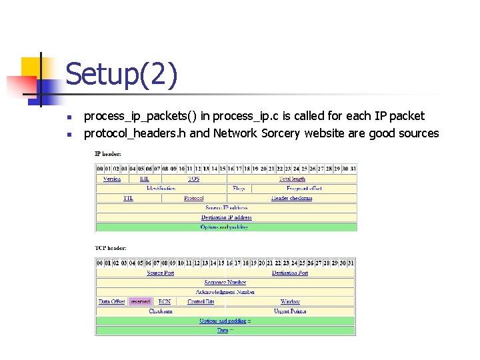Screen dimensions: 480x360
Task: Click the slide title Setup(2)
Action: tap(122, 75)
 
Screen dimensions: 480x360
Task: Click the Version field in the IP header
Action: tap(112, 179)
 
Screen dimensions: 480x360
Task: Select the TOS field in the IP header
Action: tap(193, 179)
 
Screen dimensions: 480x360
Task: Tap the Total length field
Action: tap(292, 179)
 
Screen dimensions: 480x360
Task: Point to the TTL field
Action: tap(128, 198)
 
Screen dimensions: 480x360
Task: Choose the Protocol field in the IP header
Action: tap(193, 198)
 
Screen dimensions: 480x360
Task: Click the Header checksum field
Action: tap(292, 198)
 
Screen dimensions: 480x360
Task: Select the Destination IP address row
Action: tap(227, 217)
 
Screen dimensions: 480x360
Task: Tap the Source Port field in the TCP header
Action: tap(160, 273)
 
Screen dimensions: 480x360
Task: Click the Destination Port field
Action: tap(290, 273)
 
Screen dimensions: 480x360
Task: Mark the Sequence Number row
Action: tap(225, 283)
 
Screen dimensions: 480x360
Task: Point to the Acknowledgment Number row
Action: tap(225, 292)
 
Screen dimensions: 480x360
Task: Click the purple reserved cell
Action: tap(140, 301)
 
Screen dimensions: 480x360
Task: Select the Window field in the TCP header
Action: tap(290, 301)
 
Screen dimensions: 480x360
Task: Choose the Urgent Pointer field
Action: tap(290, 311)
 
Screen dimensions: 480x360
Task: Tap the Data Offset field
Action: tap(112, 301)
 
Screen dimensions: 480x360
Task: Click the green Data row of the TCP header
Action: tap(225, 330)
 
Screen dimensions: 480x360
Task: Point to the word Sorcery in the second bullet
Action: tap(279, 133)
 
